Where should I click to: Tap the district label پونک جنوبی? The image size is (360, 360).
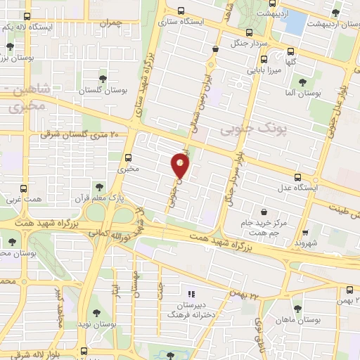(x=245, y=130)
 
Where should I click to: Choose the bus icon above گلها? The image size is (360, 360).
(x=290, y=50)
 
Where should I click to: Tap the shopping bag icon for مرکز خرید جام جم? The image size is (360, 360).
(x=263, y=212)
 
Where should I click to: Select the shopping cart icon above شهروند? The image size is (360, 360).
(x=305, y=231)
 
